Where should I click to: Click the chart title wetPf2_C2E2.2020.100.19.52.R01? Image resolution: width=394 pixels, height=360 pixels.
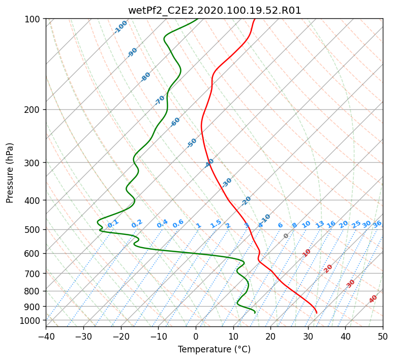point(215,11)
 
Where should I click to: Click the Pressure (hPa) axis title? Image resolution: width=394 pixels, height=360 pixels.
point(10,173)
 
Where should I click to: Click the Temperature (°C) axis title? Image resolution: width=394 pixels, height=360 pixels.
point(215,349)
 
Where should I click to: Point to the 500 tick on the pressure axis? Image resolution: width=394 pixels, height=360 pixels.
point(34,229)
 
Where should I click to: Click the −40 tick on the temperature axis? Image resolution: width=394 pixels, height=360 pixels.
point(46,336)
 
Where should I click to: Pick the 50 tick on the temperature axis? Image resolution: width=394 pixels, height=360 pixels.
point(383,336)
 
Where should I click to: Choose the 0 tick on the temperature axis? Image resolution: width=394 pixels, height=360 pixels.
point(196,336)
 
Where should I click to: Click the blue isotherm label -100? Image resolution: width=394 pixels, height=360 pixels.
point(120,27)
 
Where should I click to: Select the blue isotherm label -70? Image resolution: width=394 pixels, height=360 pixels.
point(160,100)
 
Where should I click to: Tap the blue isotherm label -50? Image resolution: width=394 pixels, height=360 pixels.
point(192,143)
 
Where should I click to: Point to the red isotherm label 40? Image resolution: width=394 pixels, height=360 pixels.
point(373,299)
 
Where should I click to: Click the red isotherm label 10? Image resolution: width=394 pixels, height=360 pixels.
point(307,253)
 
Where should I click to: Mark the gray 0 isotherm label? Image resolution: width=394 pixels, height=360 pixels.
point(286,236)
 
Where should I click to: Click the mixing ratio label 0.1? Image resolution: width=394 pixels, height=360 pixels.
point(113,223)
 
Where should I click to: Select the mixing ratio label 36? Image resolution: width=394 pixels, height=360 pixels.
point(377,224)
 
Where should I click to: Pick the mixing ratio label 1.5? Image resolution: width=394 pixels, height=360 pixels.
point(216,224)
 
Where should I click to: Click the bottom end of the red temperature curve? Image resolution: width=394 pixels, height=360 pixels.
point(317,313)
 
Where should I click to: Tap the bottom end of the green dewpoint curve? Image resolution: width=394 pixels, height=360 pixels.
point(255,313)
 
